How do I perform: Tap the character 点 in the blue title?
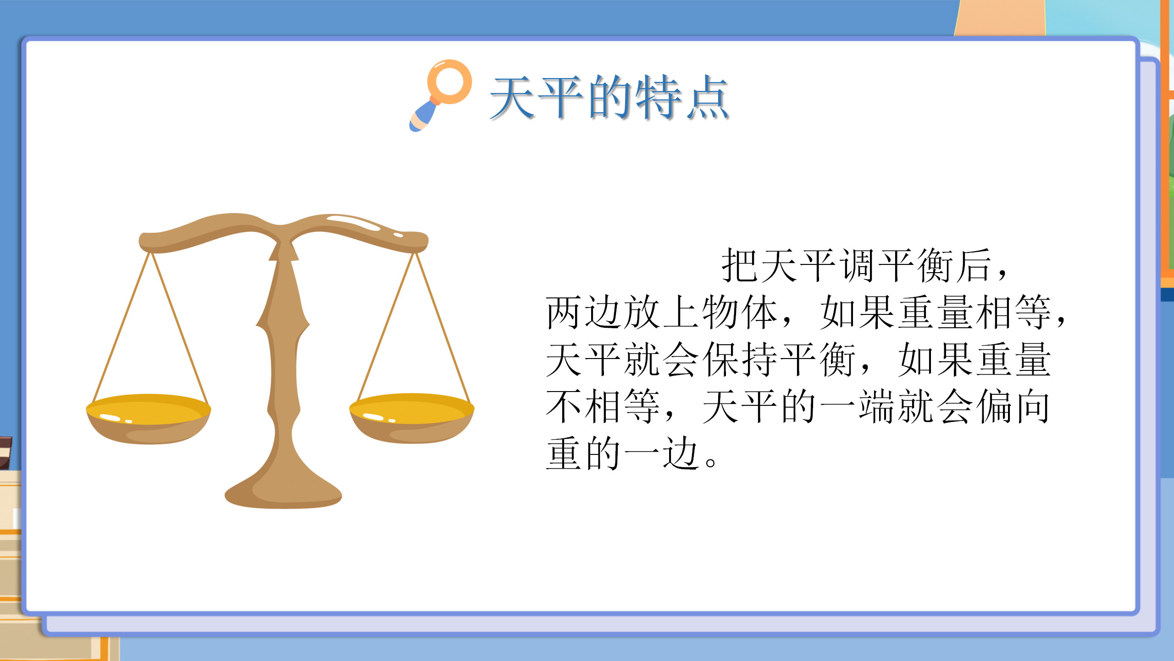coord(707,98)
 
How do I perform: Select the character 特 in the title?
coord(658,98)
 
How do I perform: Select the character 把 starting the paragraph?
coord(740,265)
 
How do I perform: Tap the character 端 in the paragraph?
coord(877,406)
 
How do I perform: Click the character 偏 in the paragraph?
coord(994,406)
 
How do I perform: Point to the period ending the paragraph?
coord(710,462)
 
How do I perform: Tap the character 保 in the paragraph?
coord(721,359)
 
